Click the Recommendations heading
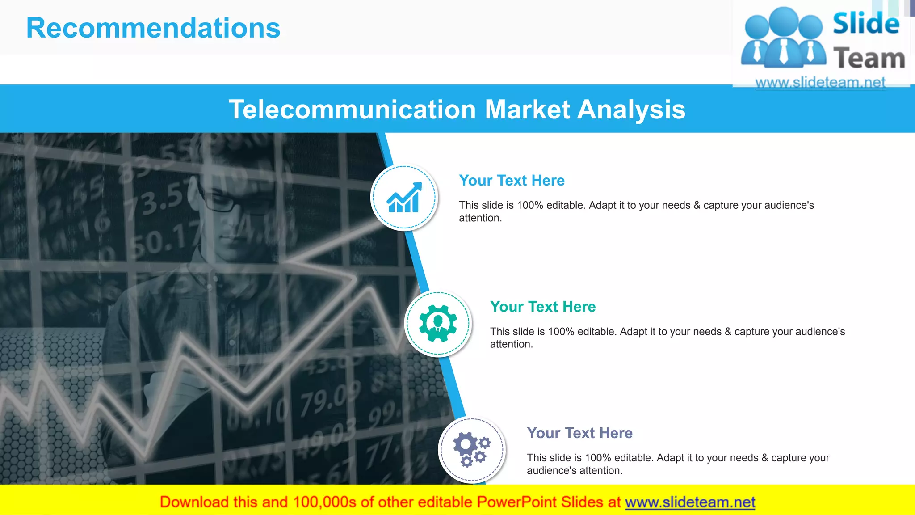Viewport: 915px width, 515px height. (153, 28)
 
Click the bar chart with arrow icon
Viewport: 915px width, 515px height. (404, 198)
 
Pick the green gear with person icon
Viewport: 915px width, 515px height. (438, 323)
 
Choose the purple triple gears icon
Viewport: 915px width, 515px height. (472, 449)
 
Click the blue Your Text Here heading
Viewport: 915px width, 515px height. (512, 181)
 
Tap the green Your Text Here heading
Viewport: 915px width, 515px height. (543, 307)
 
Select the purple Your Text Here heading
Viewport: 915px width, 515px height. (579, 433)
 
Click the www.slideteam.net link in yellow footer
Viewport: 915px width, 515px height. (690, 502)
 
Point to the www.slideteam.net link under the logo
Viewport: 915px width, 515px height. (820, 82)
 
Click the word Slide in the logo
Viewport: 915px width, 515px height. (866, 23)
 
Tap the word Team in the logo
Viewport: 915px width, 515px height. (869, 59)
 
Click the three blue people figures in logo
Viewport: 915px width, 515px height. (783, 38)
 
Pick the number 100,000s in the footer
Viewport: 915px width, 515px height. (324, 502)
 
